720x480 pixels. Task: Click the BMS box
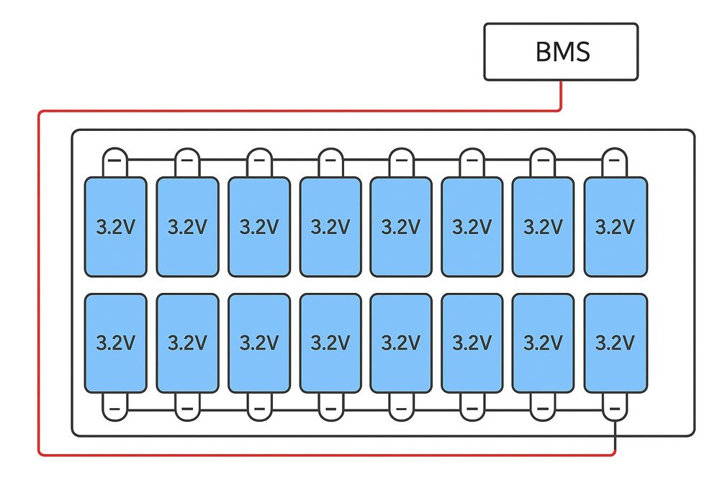561,51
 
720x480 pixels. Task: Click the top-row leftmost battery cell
115,227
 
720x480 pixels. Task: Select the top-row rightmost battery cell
614,227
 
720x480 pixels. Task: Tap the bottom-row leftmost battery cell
115,343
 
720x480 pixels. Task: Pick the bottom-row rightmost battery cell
614,343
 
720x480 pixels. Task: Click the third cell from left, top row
258,227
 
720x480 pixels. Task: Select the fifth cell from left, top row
400,227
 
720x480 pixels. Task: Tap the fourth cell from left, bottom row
330,343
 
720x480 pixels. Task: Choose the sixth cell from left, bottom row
472,343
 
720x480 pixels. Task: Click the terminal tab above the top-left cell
115,160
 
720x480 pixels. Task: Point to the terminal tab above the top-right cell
614,160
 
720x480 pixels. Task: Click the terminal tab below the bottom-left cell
115,407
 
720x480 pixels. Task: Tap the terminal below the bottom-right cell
614,407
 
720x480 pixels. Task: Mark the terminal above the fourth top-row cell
330,160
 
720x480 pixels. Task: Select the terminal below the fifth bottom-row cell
400,407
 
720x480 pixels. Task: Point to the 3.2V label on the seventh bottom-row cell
543,343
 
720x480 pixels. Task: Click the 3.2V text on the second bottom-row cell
187,343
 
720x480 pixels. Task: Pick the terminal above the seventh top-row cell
543,160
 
